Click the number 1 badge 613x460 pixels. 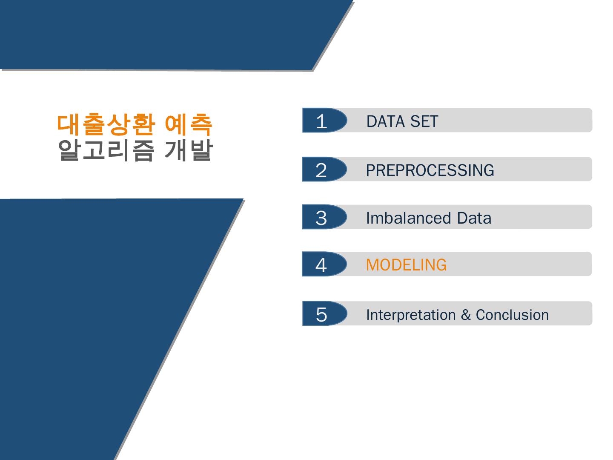[324, 120]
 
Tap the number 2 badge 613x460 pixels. [324, 169]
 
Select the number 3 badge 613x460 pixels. [324, 217]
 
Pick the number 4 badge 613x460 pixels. [324, 264]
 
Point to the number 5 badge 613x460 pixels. [324, 313]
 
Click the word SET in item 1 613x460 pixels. [424, 121]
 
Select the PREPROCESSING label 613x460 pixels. [430, 170]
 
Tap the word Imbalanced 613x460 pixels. [408, 218]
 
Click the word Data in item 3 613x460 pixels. [474, 218]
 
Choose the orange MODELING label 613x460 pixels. [407, 265]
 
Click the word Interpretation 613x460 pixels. [411, 315]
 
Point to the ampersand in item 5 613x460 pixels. [466, 315]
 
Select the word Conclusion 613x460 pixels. [512, 315]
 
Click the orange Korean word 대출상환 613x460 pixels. [106, 124]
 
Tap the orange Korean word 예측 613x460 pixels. [189, 124]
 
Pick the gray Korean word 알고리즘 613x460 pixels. [106, 150]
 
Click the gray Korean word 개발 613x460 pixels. [189, 150]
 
